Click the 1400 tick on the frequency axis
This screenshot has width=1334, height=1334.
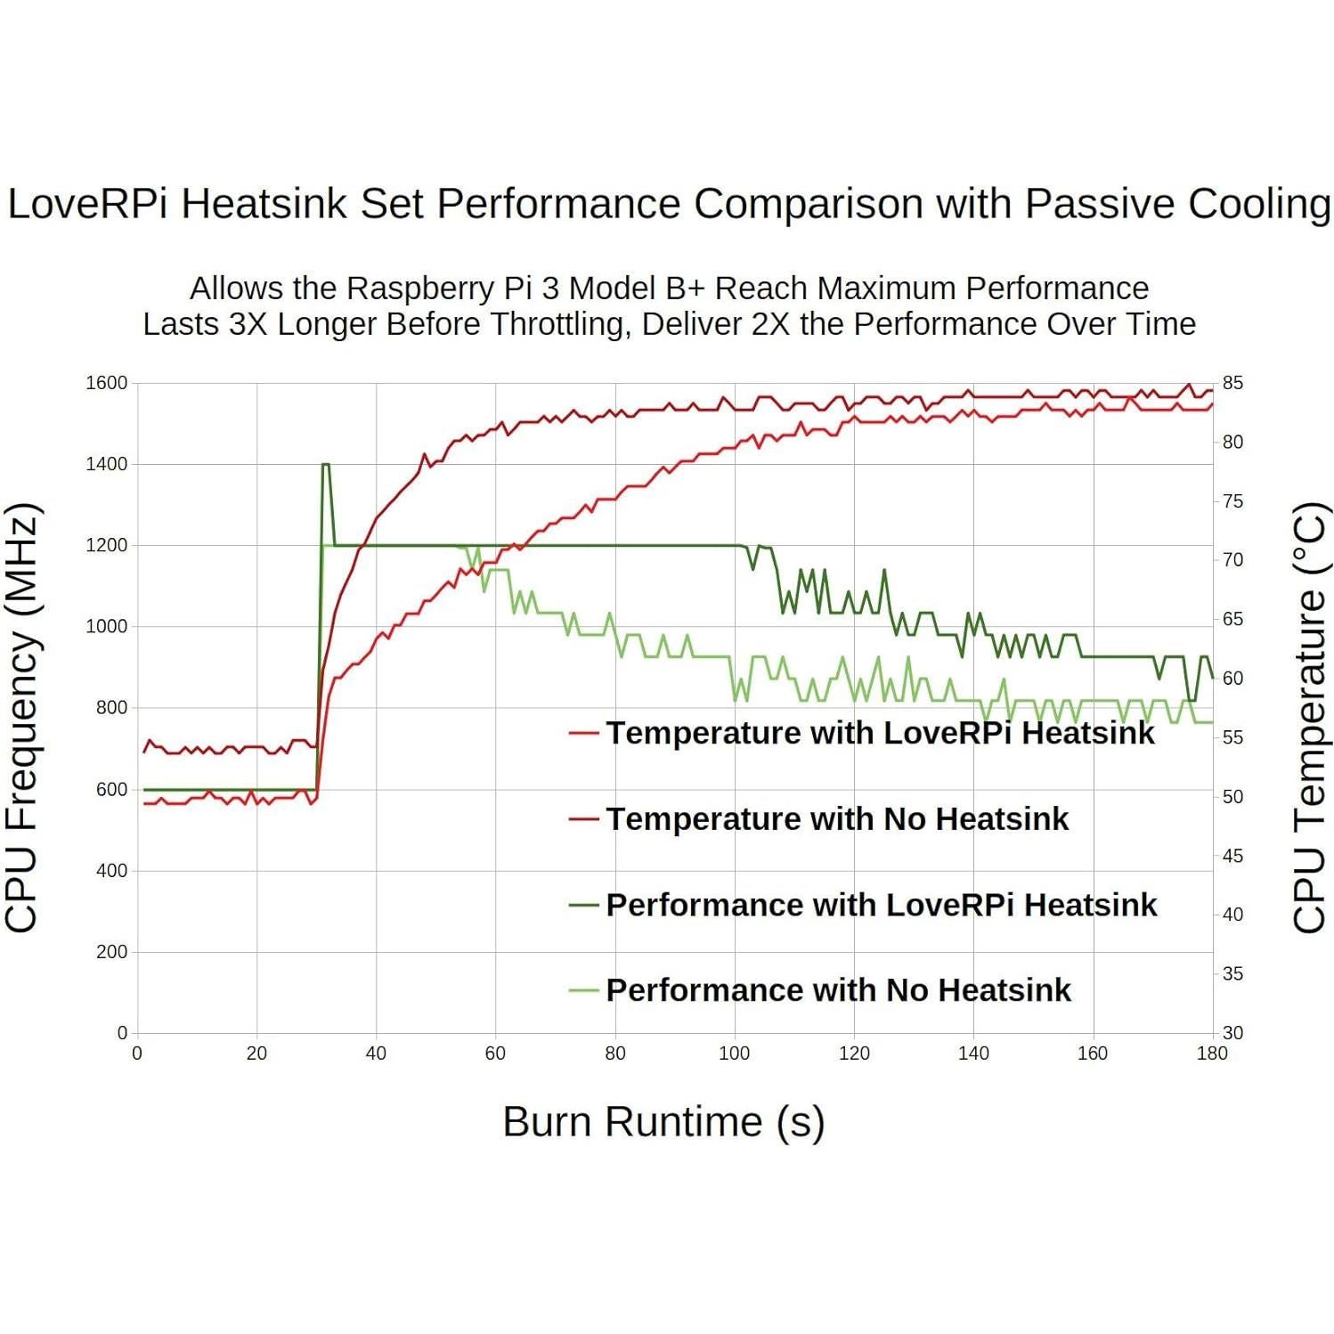click(x=106, y=464)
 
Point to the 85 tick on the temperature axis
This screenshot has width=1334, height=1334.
click(x=1232, y=383)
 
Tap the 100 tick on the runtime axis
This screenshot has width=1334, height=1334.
click(x=734, y=1053)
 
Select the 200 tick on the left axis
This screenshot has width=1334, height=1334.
click(x=111, y=952)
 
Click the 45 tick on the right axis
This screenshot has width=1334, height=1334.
click(x=1232, y=856)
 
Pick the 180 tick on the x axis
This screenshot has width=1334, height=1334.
click(x=1211, y=1053)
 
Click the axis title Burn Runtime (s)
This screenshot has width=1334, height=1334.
click(x=663, y=1121)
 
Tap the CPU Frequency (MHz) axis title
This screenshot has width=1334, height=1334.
click(x=23, y=718)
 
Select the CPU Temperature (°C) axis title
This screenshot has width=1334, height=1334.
click(x=1308, y=718)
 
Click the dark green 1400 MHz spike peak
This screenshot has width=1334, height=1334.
click(x=325, y=464)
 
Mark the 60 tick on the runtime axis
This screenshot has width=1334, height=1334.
click(x=495, y=1053)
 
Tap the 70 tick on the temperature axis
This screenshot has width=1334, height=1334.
click(x=1232, y=560)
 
